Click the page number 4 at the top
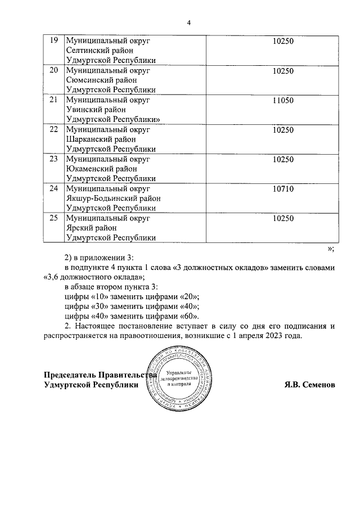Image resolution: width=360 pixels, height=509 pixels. point(189,22)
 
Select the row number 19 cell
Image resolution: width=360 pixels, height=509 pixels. point(54,41)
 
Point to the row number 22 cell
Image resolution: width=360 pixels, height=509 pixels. point(54,129)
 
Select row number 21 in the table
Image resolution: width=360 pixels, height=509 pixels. point(54,100)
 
